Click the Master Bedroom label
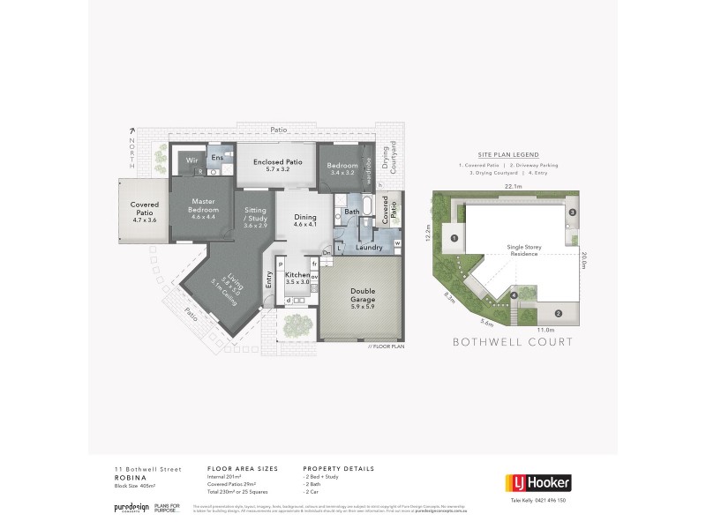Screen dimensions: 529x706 203,205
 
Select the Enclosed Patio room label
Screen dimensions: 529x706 277,165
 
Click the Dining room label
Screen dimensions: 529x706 304,220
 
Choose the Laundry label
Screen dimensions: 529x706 368,248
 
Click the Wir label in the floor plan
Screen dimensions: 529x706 192,160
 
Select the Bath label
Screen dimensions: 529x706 352,212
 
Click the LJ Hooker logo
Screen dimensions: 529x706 537,482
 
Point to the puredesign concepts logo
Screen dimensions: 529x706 131,508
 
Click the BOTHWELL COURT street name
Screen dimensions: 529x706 512,341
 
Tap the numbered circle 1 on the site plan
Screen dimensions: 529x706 454,238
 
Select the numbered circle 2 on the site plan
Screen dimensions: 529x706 558,313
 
